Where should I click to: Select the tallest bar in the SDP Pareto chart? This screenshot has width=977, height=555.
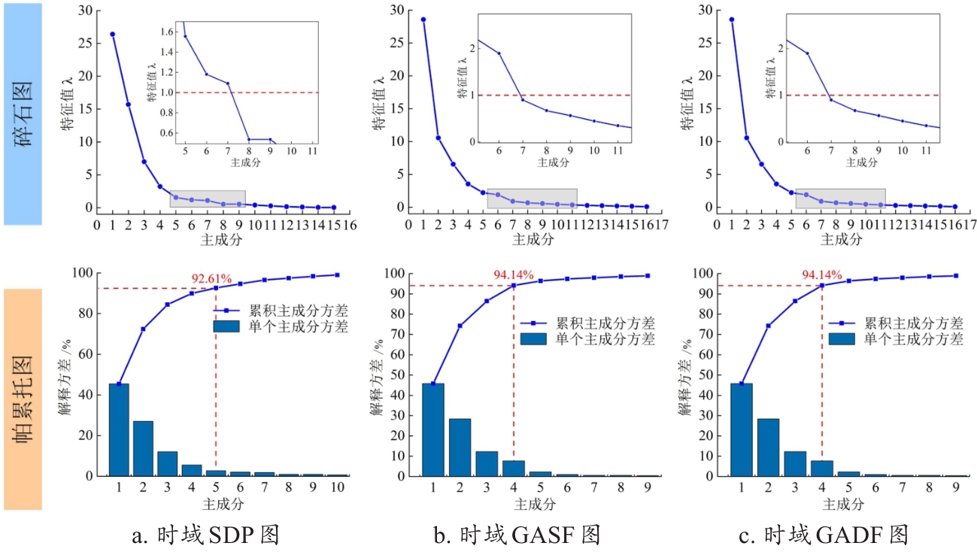click(119, 429)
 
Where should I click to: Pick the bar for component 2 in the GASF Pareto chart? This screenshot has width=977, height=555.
click(459, 447)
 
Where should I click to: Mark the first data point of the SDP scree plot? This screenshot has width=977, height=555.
click(113, 34)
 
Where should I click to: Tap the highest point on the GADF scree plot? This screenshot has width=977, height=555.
click(731, 20)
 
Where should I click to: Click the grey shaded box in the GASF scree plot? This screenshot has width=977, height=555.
click(532, 199)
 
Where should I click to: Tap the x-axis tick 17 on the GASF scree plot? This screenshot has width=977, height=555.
click(661, 224)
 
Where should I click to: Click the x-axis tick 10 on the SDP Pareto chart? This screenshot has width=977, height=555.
click(338, 487)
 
